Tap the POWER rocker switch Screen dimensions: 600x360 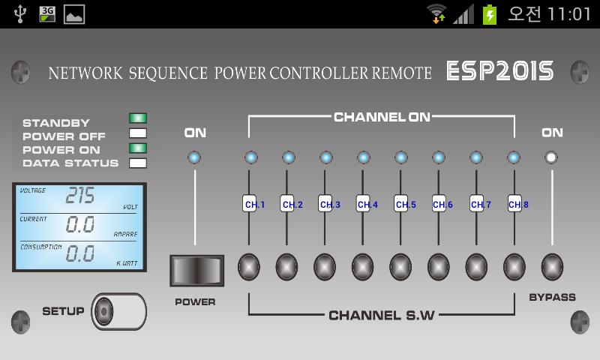coord(196,271)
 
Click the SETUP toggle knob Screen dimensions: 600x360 coord(103,311)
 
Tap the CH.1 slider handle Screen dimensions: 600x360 coord(250,203)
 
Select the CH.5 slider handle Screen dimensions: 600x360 coord(401,203)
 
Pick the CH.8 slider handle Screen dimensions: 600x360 coord(514,203)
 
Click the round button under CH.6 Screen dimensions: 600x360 coord(439,267)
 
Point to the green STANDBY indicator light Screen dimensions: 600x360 coord(138,118)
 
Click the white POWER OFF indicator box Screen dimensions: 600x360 coord(138,133)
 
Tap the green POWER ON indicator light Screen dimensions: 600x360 coord(138,148)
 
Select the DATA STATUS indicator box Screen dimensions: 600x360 coord(138,163)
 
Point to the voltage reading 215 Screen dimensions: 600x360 coord(80,195)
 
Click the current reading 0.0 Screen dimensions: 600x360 coord(80,224)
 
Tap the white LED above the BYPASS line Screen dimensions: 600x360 coord(551,157)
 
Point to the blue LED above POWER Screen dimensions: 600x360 coord(194,157)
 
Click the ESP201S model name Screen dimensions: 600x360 coord(499,71)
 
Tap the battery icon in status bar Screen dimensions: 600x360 coord(490,14)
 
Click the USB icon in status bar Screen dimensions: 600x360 coord(20,13)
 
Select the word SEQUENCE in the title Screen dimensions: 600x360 coord(168,73)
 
